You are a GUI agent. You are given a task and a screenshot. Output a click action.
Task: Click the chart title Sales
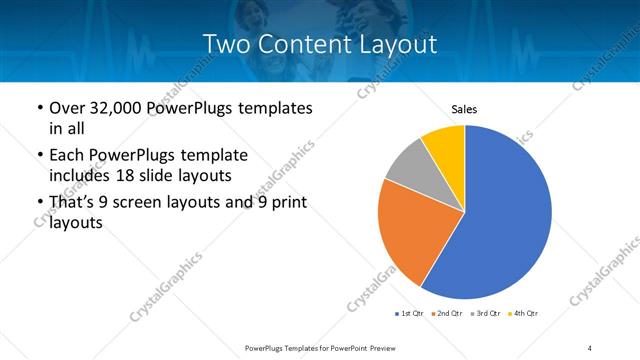point(465,108)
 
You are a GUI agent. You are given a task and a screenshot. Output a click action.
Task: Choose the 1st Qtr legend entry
point(410,314)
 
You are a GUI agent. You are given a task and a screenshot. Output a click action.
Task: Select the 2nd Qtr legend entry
point(447,314)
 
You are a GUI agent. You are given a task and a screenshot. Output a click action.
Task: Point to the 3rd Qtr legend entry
point(485,314)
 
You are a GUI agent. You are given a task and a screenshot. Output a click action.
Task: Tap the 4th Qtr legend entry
point(523,314)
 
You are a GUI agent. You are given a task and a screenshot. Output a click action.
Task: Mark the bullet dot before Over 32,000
point(39,108)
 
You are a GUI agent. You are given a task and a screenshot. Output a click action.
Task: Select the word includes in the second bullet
point(79,176)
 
